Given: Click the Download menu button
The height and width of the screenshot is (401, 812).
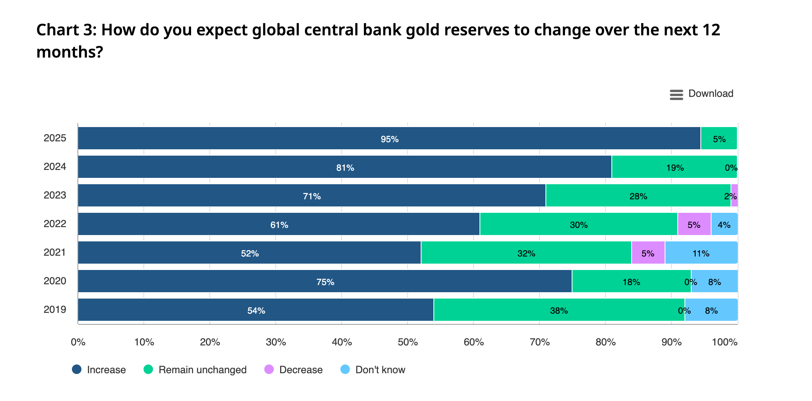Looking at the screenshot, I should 701,94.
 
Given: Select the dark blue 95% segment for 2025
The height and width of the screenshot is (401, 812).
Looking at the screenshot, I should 389,139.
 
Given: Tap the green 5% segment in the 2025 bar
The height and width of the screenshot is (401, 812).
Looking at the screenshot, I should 719,139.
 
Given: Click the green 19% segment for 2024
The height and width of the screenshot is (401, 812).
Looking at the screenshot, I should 674,167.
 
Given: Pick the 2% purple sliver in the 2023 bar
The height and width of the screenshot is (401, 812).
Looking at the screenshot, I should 735,196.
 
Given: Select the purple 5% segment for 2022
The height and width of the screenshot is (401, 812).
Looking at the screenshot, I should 694,224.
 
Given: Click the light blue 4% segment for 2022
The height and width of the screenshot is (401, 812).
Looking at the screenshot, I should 724,224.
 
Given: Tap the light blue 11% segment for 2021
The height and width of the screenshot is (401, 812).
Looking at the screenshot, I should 701,253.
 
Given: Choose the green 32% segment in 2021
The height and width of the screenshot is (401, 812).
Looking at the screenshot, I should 526,253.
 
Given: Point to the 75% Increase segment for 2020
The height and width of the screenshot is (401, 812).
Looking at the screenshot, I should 325,281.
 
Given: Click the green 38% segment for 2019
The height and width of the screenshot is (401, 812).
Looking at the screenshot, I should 559,310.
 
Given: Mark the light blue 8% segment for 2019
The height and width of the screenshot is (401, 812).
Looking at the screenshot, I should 711,310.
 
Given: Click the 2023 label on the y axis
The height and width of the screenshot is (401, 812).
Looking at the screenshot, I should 55,195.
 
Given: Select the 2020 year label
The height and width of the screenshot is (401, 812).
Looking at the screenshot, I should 55,281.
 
